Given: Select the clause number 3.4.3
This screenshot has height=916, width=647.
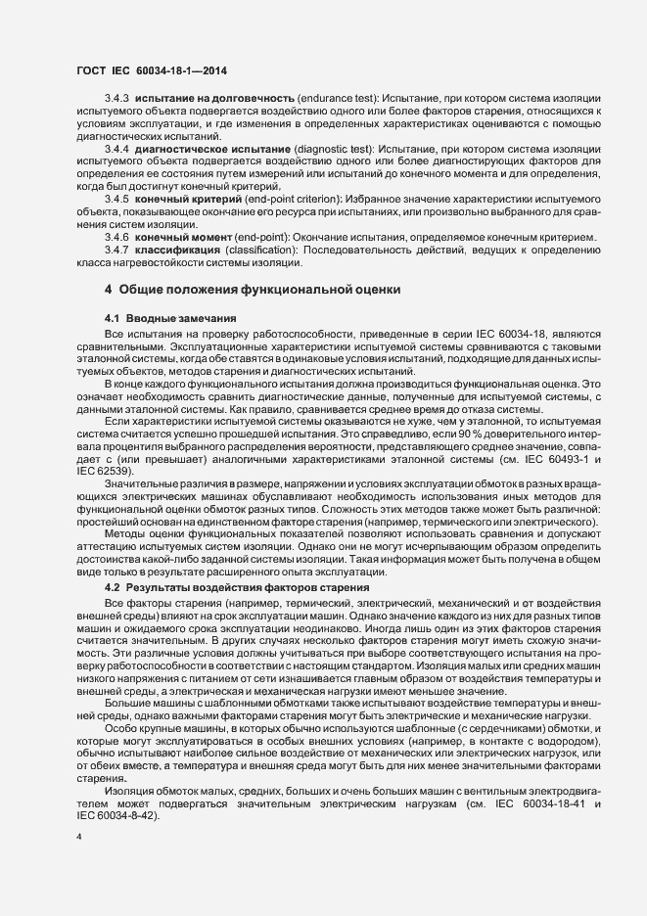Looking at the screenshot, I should click(x=117, y=101).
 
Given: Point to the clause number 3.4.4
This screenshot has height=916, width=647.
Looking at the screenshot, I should click(x=117, y=150).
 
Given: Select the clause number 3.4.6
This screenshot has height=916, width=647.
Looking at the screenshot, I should click(x=117, y=238).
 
